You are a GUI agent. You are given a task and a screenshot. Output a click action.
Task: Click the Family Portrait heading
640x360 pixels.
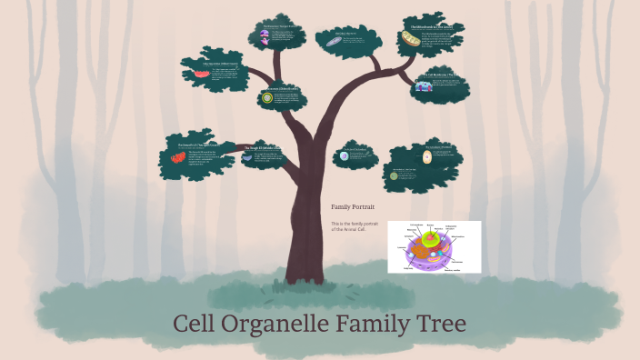[353, 207]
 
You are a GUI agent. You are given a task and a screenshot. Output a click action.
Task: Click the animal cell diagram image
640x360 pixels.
[434, 246]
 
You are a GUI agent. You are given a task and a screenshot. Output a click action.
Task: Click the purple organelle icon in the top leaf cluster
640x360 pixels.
[265, 37]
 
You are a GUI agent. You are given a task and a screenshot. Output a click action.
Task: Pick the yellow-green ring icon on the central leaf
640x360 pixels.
[267, 98]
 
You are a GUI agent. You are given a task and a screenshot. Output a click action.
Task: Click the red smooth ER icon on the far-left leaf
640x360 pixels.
[177, 157]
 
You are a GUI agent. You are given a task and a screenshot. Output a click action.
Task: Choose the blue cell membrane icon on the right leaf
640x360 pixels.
[425, 86]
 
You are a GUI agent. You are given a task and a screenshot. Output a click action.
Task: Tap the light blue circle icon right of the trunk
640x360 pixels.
[344, 156]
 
